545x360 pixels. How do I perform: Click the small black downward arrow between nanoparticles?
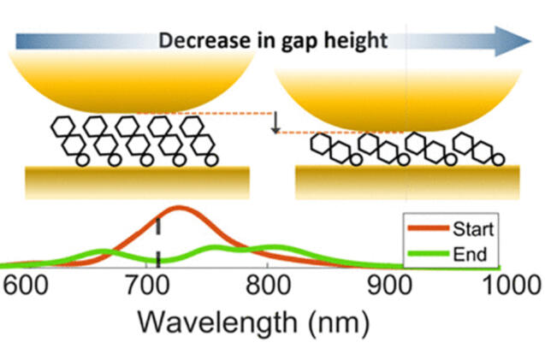pyautogui.click(x=275, y=124)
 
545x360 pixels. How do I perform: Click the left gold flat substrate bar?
pyautogui.click(x=138, y=180)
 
